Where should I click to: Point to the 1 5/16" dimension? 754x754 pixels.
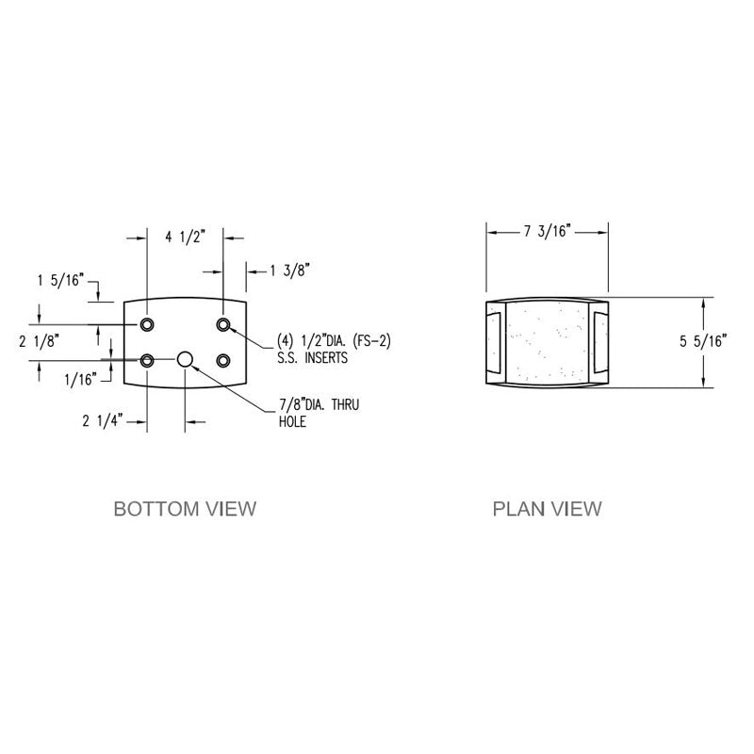tap(60, 280)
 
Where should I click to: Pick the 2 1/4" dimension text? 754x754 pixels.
tap(103, 421)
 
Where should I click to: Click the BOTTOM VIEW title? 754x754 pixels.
tap(185, 509)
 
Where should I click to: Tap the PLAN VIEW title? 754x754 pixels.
tap(547, 509)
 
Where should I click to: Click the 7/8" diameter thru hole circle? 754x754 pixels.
tap(186, 359)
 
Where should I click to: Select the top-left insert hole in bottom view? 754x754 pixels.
tap(148, 325)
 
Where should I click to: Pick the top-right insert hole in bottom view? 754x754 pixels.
tap(223, 325)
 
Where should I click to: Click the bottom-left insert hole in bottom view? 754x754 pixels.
tap(148, 360)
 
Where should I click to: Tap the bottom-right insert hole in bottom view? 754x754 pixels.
tap(223, 360)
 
